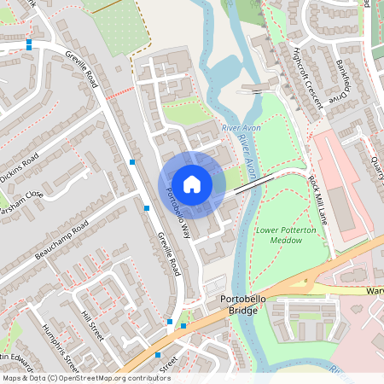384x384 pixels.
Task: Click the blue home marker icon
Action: [x=192, y=184]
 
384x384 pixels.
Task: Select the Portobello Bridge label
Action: [x=245, y=304]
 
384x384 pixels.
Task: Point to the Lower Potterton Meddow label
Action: [x=280, y=235]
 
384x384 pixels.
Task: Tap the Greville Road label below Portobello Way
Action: [x=167, y=253]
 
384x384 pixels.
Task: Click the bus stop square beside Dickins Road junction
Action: [x=131, y=161]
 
